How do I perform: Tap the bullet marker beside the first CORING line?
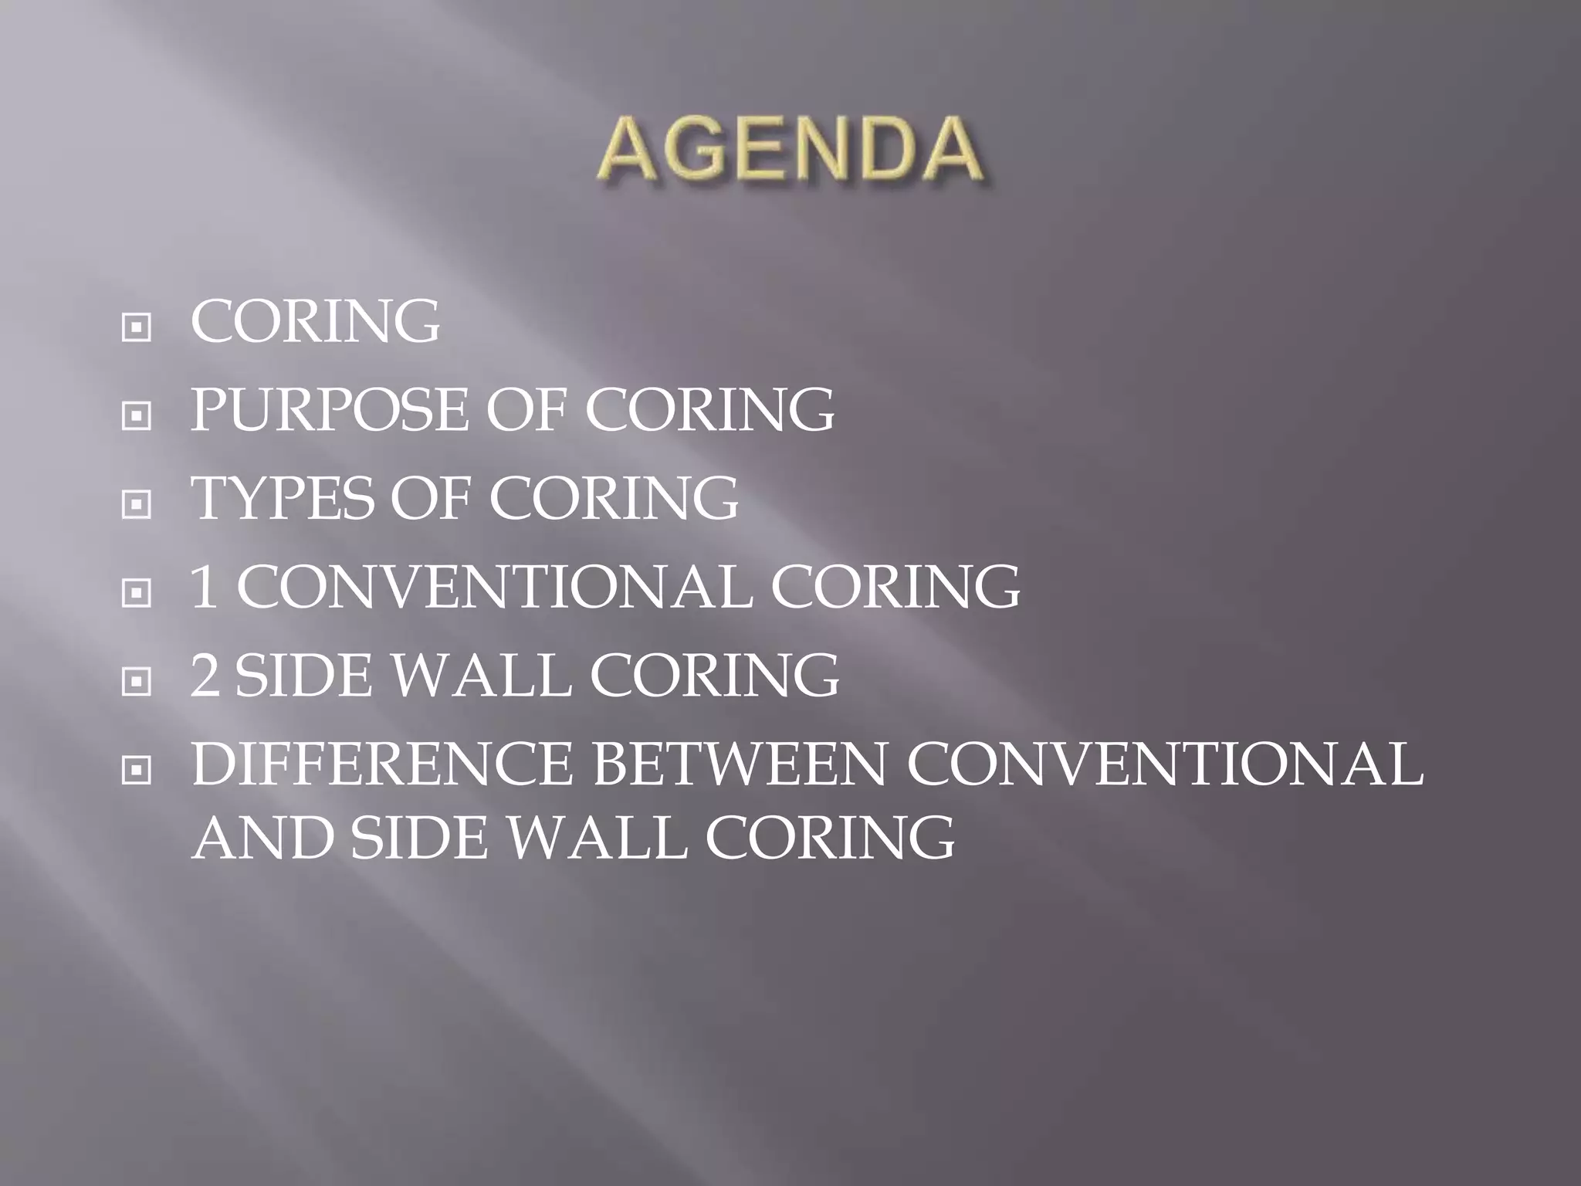click(x=137, y=328)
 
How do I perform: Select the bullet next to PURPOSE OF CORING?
click(x=137, y=417)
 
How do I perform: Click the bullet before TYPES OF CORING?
click(x=137, y=506)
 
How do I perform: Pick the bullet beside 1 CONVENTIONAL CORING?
click(x=137, y=594)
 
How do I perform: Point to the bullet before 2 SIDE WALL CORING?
click(x=137, y=682)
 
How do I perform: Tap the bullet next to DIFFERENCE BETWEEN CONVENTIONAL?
click(x=137, y=770)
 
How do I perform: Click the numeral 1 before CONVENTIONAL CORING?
click(x=204, y=587)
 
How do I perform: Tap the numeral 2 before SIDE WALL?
click(x=205, y=675)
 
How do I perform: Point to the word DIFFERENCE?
click(x=381, y=764)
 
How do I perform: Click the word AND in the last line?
click(x=262, y=837)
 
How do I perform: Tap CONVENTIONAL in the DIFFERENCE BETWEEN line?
click(x=1164, y=764)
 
